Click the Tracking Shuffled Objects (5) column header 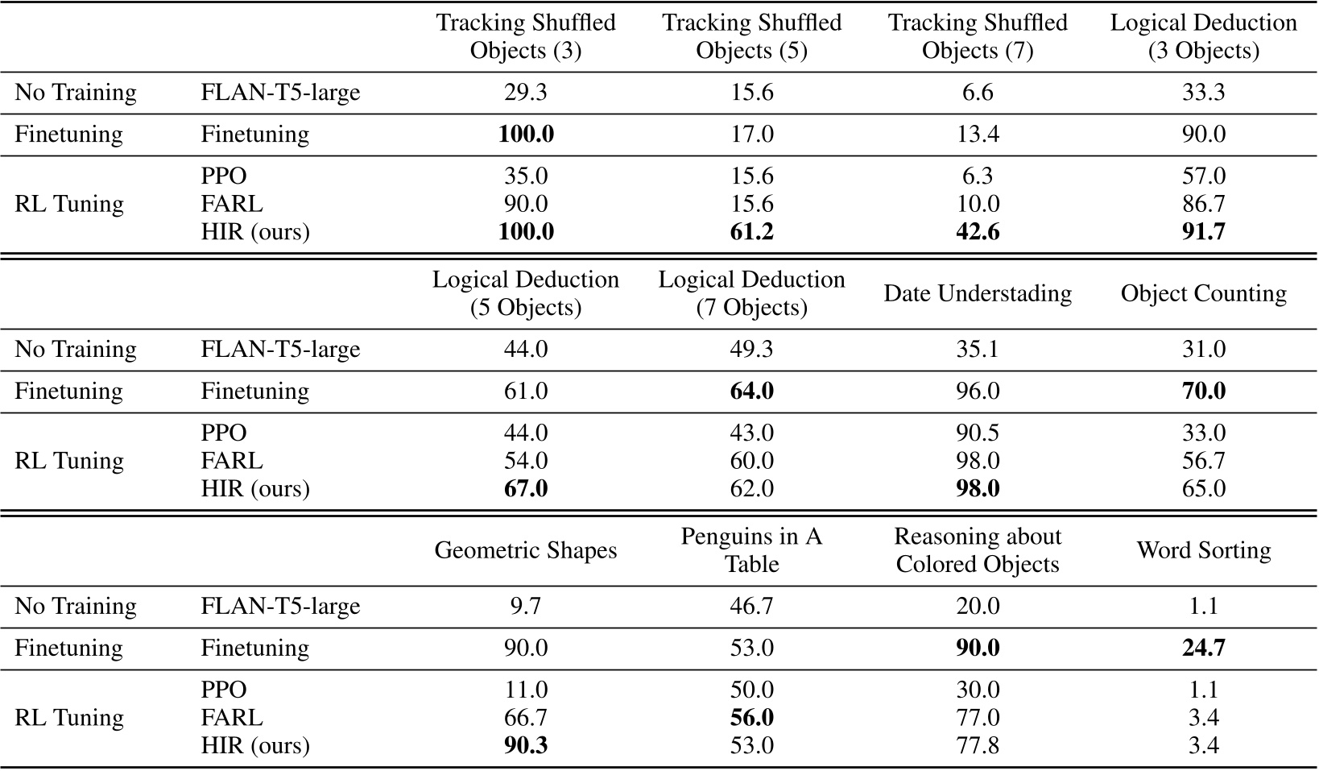pos(751,36)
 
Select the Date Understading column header pos(978,293)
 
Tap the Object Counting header pos(1203,293)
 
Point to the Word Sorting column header pos(1203,550)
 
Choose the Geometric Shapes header pos(526,550)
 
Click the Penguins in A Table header pos(751,550)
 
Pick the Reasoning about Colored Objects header pos(978,550)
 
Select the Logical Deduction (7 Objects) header pos(751,293)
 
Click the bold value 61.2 pos(751,232)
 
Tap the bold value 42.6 pos(978,232)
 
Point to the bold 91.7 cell pos(1203,232)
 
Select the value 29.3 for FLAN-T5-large pos(526,93)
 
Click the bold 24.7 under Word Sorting pos(1203,648)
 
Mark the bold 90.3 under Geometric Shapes pos(526,745)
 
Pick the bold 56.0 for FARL pos(751,718)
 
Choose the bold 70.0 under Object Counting pos(1203,391)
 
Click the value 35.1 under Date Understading pos(978,349)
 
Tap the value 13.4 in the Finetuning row pos(978,134)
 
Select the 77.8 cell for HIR pos(978,745)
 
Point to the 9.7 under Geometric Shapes pos(526,606)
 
